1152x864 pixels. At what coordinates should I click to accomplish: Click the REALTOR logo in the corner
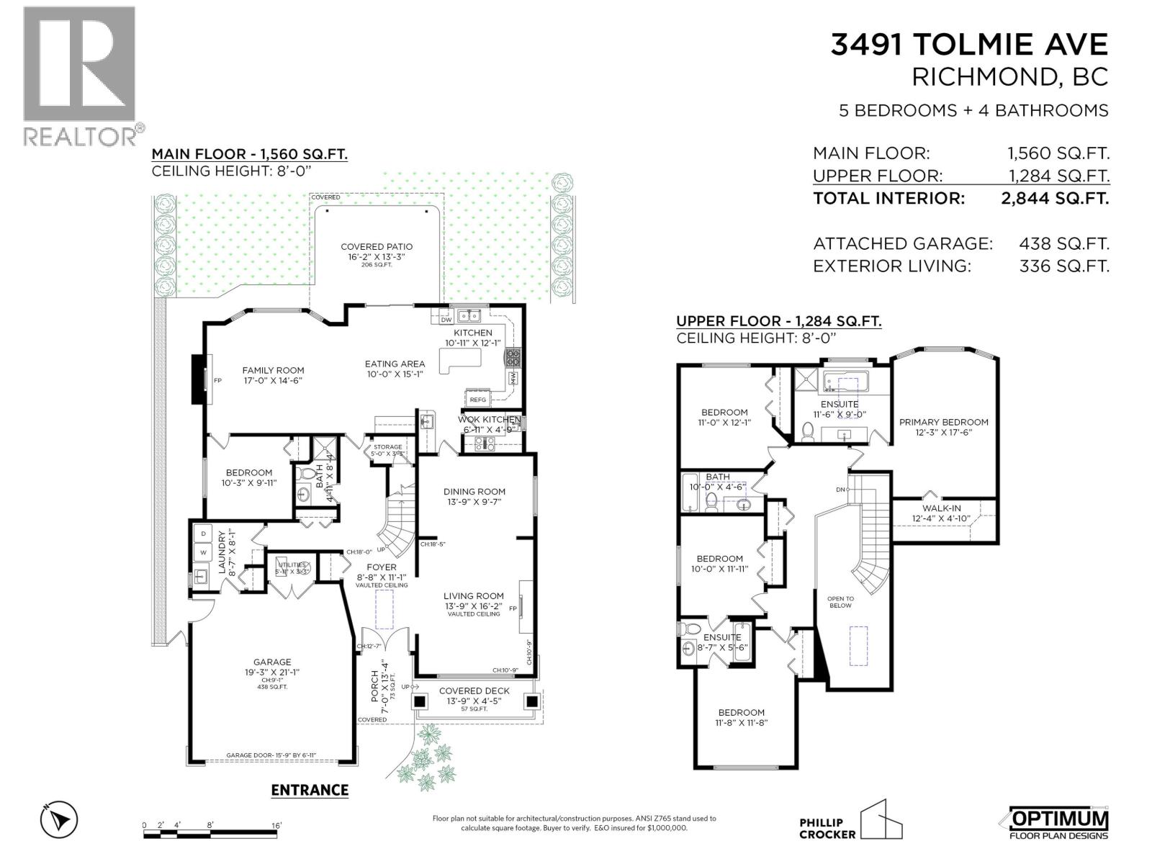pos(79,76)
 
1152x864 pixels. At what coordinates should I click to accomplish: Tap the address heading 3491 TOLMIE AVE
pos(969,45)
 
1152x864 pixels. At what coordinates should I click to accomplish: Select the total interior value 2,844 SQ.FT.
pos(1055,198)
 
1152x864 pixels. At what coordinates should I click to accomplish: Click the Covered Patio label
pos(377,247)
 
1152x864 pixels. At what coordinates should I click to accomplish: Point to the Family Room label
pos(273,370)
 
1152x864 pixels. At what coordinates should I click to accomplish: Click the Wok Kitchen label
pos(490,420)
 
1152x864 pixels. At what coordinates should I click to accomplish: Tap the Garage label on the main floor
pos(271,662)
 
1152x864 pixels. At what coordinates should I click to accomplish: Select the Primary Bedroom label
pos(943,422)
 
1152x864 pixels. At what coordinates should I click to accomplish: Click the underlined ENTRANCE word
pos(310,790)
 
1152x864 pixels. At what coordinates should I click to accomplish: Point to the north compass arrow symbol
pos(59,819)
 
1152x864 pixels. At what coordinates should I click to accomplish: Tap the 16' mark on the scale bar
pos(276,825)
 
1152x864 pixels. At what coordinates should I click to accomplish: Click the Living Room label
pos(473,596)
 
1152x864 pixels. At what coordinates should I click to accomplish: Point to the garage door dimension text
pos(271,755)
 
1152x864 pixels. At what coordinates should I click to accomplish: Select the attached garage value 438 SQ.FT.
pos(1064,244)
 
